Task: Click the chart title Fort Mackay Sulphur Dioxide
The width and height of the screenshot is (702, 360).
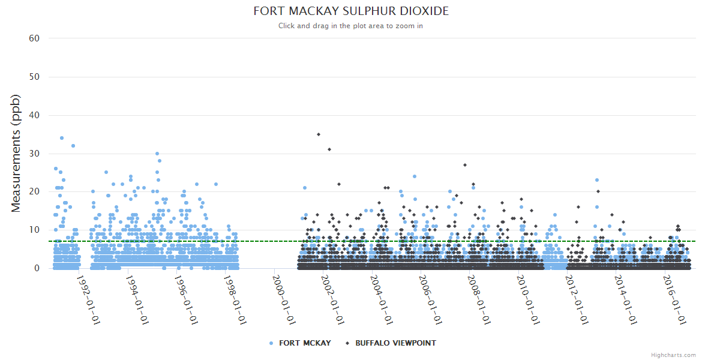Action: (350, 11)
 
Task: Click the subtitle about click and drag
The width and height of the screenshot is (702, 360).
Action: (350, 26)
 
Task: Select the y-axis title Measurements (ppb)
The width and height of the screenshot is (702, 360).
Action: (16, 153)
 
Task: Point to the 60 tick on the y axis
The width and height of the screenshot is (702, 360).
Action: (34, 38)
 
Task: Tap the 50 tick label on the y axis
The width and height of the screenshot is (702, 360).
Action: (34, 77)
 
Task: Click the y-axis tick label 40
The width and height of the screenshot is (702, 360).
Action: (34, 115)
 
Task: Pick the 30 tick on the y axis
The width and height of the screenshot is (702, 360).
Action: (34, 154)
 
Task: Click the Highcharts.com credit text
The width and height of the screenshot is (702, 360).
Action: (673, 355)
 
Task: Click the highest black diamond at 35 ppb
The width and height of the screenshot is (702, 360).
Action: (319, 134)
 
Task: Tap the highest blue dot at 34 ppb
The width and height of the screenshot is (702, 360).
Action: (62, 138)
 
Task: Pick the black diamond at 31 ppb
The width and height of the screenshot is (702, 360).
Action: (329, 149)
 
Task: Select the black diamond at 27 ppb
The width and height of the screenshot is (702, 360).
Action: (465, 165)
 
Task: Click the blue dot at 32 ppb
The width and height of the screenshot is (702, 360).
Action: (73, 146)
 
